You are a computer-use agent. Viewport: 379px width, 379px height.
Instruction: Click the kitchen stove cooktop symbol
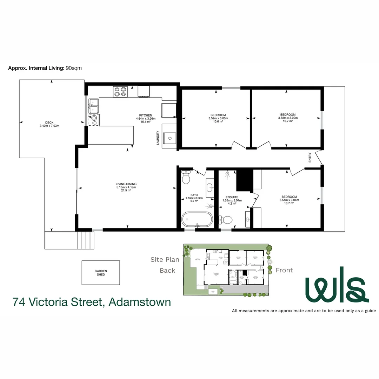[x=120, y=92]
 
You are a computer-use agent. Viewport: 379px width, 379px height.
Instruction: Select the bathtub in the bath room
[x=197, y=219]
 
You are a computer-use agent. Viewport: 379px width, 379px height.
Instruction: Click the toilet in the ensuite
[x=225, y=220]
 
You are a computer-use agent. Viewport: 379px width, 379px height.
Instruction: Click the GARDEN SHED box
[x=101, y=273]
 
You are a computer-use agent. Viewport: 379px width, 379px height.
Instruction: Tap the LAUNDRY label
[x=158, y=138]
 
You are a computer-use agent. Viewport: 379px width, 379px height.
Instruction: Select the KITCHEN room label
[x=146, y=115]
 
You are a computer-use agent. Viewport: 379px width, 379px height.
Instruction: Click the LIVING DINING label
[x=126, y=184]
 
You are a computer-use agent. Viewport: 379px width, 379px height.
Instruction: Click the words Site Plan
[x=165, y=260]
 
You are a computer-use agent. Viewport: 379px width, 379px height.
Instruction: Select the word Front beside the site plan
[x=284, y=270]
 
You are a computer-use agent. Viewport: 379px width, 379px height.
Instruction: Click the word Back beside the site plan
[x=167, y=271]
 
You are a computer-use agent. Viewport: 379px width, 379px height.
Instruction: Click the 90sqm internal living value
[x=74, y=68]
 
